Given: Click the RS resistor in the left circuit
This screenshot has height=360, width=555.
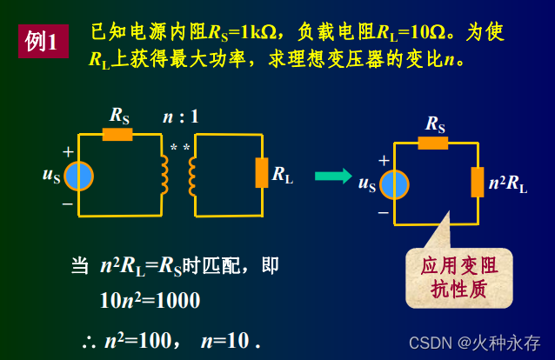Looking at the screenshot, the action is tap(117, 134).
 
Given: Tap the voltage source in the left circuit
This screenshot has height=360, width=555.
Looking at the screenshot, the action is tap(78, 176).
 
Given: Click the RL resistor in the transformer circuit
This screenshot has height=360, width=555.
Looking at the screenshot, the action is tap(262, 173).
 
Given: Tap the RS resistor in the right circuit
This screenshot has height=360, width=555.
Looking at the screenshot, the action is tap(432, 143).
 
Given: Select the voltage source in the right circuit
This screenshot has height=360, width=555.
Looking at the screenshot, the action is tap(394, 183).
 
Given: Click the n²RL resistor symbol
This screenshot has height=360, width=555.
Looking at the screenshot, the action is tap(477, 183).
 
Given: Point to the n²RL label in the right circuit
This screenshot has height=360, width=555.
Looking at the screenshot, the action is tap(508, 183).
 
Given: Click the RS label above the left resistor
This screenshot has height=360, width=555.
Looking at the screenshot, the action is tap(120, 114).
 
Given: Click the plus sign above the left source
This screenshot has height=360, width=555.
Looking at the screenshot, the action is tap(68, 151).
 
